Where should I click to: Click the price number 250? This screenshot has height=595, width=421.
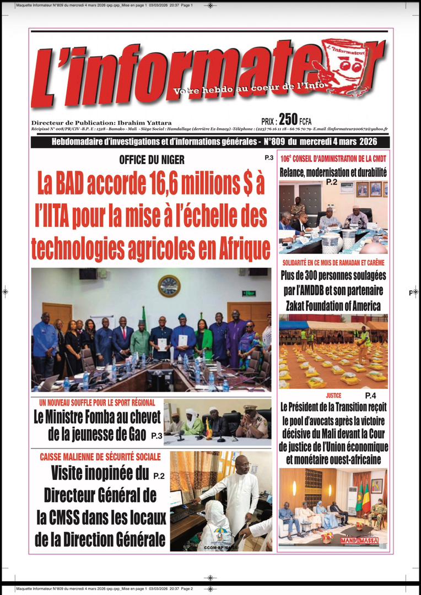point(288,119)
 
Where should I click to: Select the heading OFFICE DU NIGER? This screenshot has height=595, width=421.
point(152,160)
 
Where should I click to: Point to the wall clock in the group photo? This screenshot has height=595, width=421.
point(169,286)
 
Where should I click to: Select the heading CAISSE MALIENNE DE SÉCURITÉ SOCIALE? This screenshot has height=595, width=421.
point(100,457)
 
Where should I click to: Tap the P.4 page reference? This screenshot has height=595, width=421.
point(371,396)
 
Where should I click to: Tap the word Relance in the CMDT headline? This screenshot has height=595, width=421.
point(295,172)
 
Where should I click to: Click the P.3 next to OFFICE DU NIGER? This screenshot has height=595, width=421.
point(269,158)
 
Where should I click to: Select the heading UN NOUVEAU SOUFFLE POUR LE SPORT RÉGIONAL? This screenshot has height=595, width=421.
point(96,403)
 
